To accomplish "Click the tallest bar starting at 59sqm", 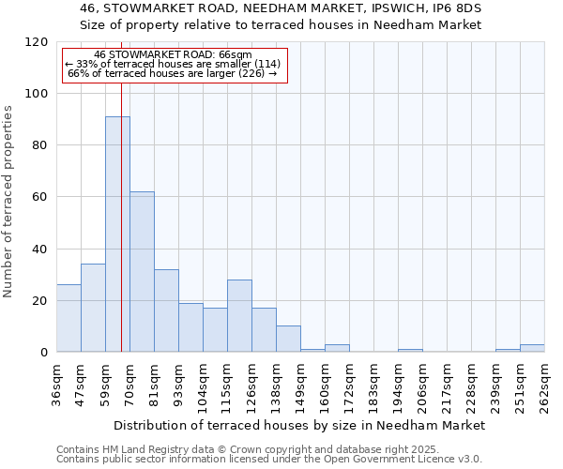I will tap(117, 234).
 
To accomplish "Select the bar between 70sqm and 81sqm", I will tap(142, 272).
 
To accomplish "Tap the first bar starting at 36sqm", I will tap(68, 319).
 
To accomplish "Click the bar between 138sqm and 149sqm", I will tap(288, 340).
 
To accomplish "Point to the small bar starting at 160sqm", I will tap(337, 348).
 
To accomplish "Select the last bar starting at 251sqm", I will tap(532, 348).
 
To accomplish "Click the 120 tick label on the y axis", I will tap(37, 42).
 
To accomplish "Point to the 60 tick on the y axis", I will tap(40, 198).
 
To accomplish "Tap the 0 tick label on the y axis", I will tap(44, 353).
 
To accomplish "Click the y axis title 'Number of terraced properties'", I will tap(8, 202).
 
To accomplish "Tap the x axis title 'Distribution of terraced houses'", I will tap(299, 425).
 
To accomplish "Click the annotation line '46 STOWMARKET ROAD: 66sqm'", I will tap(174, 55).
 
